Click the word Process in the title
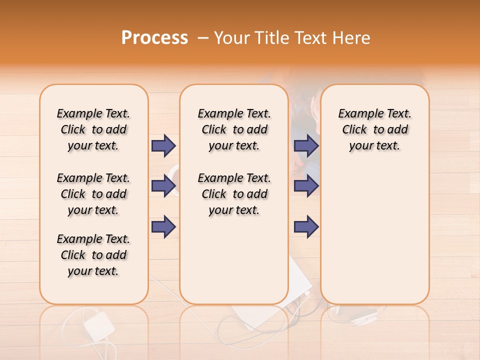click(x=154, y=38)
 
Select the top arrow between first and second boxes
click(x=163, y=145)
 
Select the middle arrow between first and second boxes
click(x=163, y=186)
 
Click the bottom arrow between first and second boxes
click(x=163, y=226)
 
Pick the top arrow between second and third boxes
click(x=306, y=145)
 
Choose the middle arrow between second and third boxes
click(x=306, y=186)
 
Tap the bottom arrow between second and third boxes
click(x=306, y=226)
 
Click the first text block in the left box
click(x=93, y=129)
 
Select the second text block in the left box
click(x=93, y=194)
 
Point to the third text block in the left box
click(x=93, y=255)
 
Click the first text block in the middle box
click(x=234, y=129)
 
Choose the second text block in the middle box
click(x=234, y=194)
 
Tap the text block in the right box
click(x=375, y=129)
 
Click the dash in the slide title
click(x=203, y=38)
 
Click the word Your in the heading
click(x=232, y=38)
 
